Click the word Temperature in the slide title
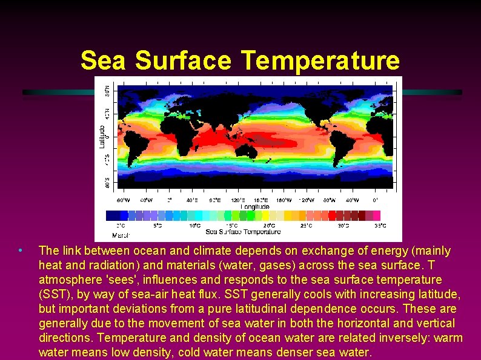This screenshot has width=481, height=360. (x=320, y=61)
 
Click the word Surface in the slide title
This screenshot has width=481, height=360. (x=183, y=61)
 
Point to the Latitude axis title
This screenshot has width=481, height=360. (x=102, y=136)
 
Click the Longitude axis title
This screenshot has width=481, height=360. (x=255, y=206)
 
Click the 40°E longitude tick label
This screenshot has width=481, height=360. (x=192, y=200)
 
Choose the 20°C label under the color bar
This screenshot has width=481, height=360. (x=268, y=226)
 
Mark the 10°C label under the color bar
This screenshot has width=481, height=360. (x=194, y=226)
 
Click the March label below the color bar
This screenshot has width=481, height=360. (x=121, y=234)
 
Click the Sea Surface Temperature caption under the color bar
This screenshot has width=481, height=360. (x=243, y=232)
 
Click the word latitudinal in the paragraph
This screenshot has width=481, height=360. (x=256, y=309)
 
